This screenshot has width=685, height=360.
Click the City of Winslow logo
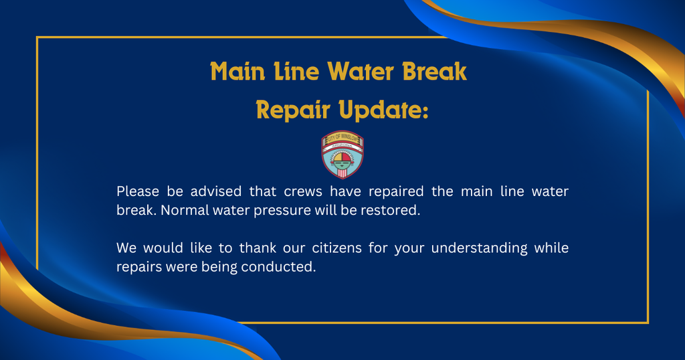[x=342, y=155]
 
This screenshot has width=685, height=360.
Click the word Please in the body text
[x=137, y=191]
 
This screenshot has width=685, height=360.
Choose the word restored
[x=393, y=209]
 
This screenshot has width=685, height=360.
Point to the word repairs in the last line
[x=136, y=266]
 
